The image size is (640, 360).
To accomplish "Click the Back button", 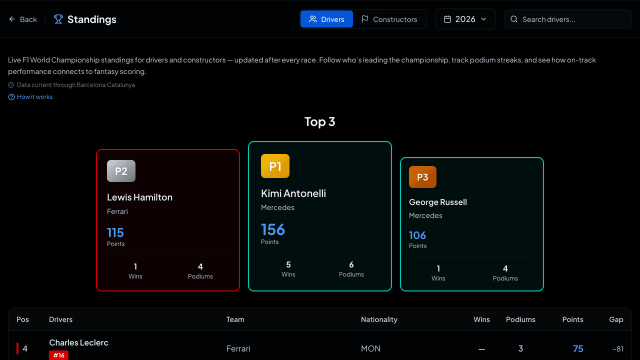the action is coord(23,19).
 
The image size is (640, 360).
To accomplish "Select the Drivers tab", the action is coord(326,19).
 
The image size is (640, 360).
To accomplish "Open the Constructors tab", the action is coord(389,19).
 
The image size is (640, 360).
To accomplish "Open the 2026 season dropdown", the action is coord(465,19).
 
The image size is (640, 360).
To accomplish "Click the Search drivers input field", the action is coord(567,19).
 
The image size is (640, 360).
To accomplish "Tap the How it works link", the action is coord(30,97).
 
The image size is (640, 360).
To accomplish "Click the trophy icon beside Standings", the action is coord(58,19).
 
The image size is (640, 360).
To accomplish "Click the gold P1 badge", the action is coord(275,166).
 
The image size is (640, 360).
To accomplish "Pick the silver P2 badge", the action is coord(121,171).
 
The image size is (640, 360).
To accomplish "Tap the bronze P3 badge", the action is coord(422,177).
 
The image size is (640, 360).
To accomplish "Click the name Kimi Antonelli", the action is coord(293,193).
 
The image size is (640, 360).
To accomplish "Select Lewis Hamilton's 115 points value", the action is coord(115,232).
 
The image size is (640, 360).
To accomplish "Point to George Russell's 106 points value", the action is coord(417,235).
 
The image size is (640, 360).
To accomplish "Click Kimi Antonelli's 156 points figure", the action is coord(273,229).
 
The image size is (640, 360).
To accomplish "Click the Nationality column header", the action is coord(379,319).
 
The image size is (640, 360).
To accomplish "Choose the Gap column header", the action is coord(616,319).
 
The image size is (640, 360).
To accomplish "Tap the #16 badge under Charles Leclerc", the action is coord(59,355).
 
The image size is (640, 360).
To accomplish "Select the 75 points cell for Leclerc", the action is coord(578,348).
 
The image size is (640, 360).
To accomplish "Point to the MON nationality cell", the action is coord(370,348).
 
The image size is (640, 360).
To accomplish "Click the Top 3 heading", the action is coord(319,121).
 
